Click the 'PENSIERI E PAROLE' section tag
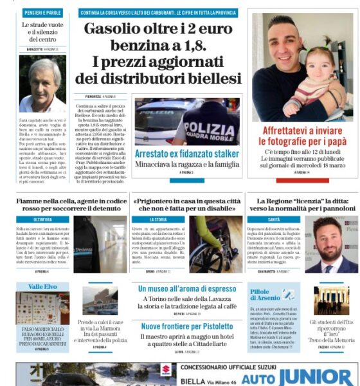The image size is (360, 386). (42, 13)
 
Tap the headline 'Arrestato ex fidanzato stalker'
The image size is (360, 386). (187, 154)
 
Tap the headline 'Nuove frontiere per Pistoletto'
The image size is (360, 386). (186, 327)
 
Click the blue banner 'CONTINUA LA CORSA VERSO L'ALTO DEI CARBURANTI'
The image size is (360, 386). (158, 13)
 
